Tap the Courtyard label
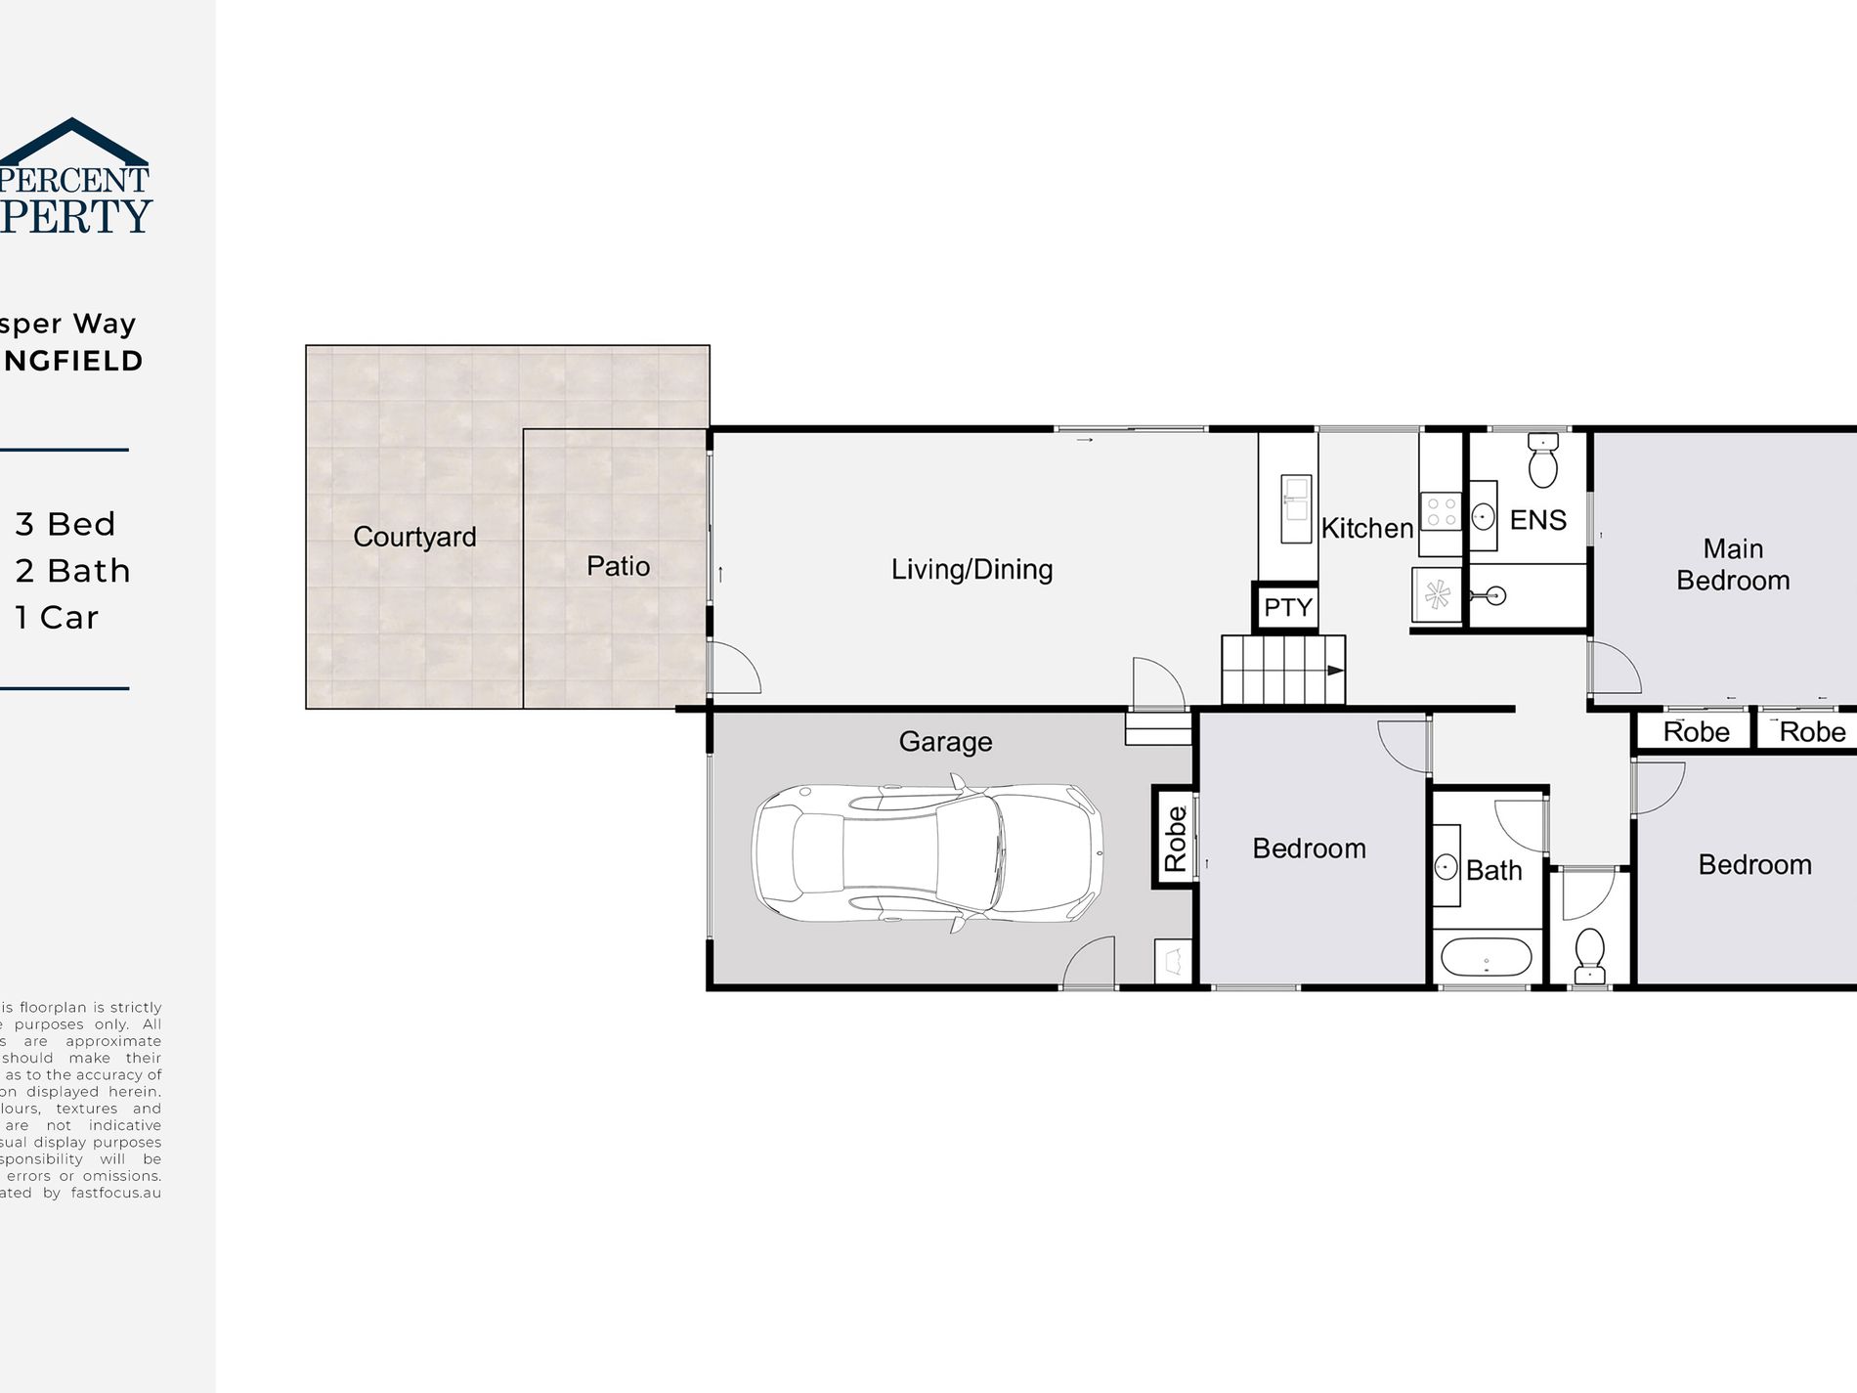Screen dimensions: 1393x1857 pos(414,537)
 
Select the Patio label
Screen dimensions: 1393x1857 pos(618,566)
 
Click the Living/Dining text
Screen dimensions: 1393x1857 pos(972,569)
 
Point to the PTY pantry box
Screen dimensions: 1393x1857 pos(1286,607)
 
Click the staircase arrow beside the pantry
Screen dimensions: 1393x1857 pos(1333,671)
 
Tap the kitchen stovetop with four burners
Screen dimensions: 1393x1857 pos(1441,512)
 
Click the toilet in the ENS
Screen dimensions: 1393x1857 pos(1542,461)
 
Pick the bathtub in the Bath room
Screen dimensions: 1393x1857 pos(1486,958)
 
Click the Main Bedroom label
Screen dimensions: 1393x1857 pos(1733,564)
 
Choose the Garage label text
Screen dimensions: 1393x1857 pos(945,742)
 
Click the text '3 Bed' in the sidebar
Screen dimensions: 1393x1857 pos(65,524)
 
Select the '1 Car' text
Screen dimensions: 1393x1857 pos(57,618)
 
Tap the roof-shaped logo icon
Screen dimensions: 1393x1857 pos(74,142)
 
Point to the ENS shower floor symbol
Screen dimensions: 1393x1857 pos(1436,594)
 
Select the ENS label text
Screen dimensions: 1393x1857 pos(1537,520)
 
